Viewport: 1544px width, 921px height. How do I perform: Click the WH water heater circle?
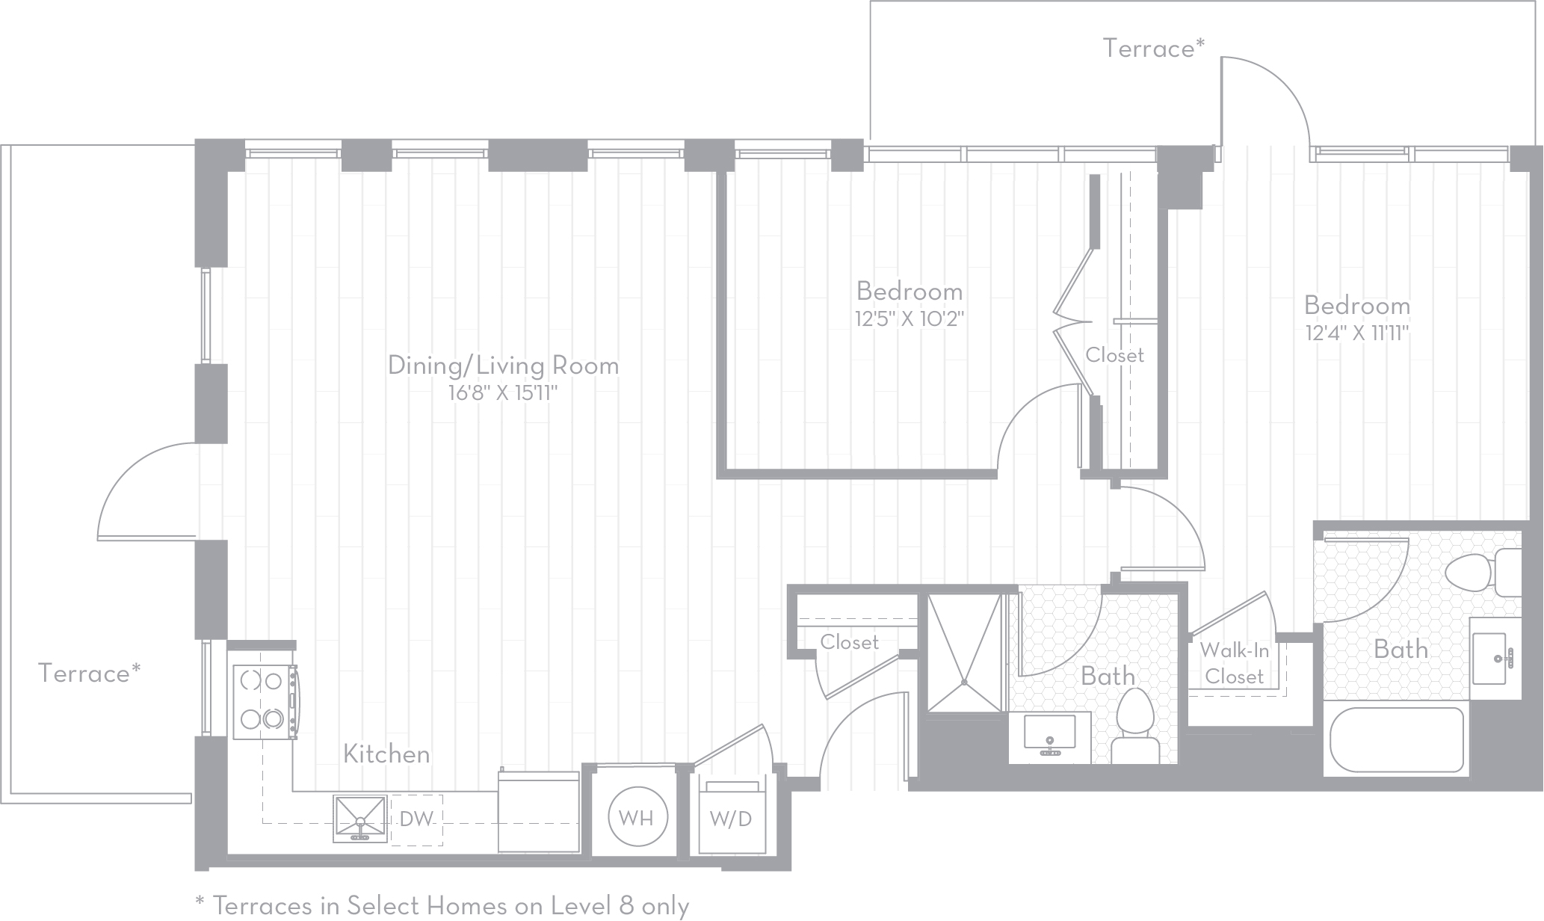tap(636, 818)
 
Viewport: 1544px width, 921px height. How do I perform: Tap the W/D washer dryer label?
tap(730, 819)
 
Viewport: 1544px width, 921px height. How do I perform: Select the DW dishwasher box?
tap(416, 819)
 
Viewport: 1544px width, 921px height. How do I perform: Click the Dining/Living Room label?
tap(503, 366)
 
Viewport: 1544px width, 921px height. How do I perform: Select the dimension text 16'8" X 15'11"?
tap(503, 393)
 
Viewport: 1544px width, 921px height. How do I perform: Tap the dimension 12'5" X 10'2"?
tap(909, 320)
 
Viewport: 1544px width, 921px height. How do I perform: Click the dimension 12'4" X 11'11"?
tap(1356, 333)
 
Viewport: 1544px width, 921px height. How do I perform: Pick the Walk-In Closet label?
tap(1234, 664)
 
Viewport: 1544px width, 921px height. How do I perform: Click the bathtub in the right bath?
tap(1396, 740)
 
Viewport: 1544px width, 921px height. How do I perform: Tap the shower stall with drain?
tap(964, 653)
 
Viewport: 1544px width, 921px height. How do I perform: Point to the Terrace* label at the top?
tap(1153, 49)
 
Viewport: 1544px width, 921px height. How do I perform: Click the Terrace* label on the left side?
tap(89, 674)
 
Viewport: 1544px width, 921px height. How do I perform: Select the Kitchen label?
tap(386, 754)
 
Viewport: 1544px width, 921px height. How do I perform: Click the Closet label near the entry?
tap(849, 642)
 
